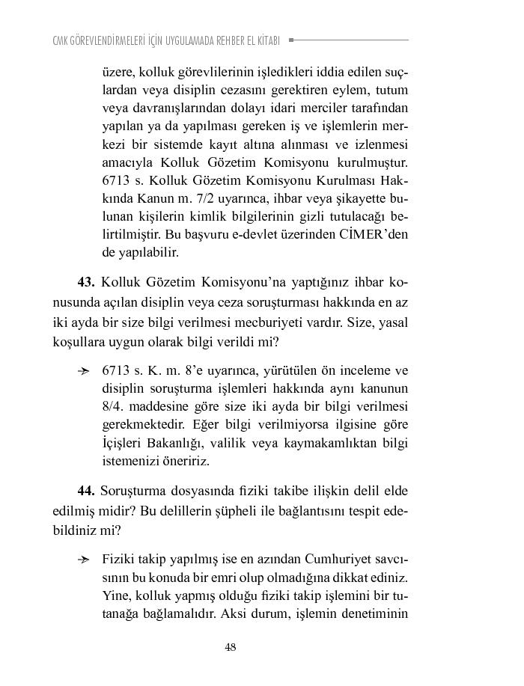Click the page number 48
tap(231, 648)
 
